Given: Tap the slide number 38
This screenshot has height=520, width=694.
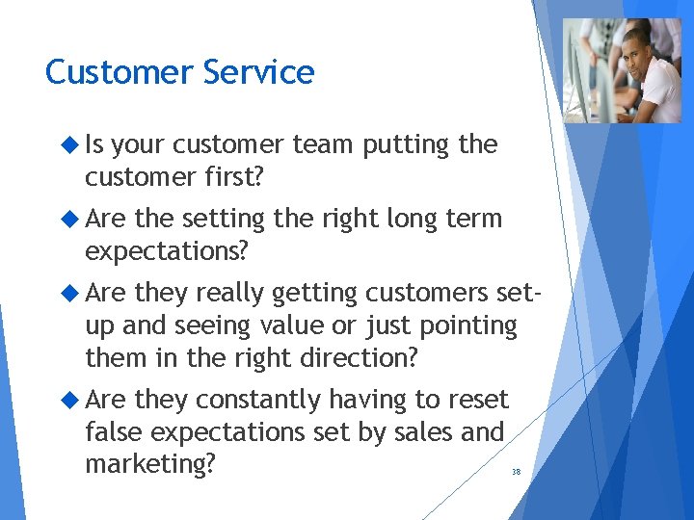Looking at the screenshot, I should point(516,472).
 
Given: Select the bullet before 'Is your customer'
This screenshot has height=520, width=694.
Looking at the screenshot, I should point(68,145).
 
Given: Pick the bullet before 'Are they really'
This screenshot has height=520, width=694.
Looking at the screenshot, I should point(68,293).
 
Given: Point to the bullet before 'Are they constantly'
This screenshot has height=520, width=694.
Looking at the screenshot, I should point(68,400).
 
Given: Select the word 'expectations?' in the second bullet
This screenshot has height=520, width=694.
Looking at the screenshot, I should point(167,251).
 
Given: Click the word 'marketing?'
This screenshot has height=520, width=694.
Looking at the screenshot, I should point(149,464).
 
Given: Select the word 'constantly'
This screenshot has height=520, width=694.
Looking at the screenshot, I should point(258,400).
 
